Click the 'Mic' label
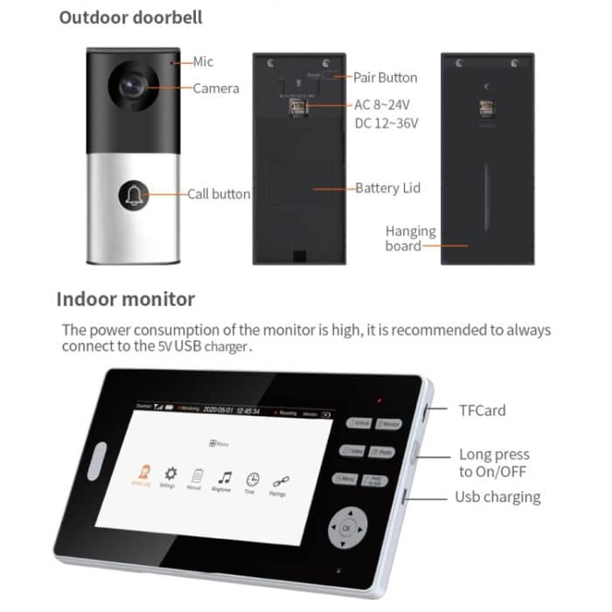tap(202, 62)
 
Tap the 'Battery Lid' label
tap(387, 188)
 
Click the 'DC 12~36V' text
tap(386, 123)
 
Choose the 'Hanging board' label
tap(410, 239)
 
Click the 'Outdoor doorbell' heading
tap(143, 18)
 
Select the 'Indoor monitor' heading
tap(126, 299)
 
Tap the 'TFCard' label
tap(483, 409)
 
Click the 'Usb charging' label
tap(497, 497)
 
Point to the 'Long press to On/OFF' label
tap(494, 462)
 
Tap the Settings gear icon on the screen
tap(170, 472)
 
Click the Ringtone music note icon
tap(225, 477)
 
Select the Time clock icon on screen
tap(253, 479)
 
